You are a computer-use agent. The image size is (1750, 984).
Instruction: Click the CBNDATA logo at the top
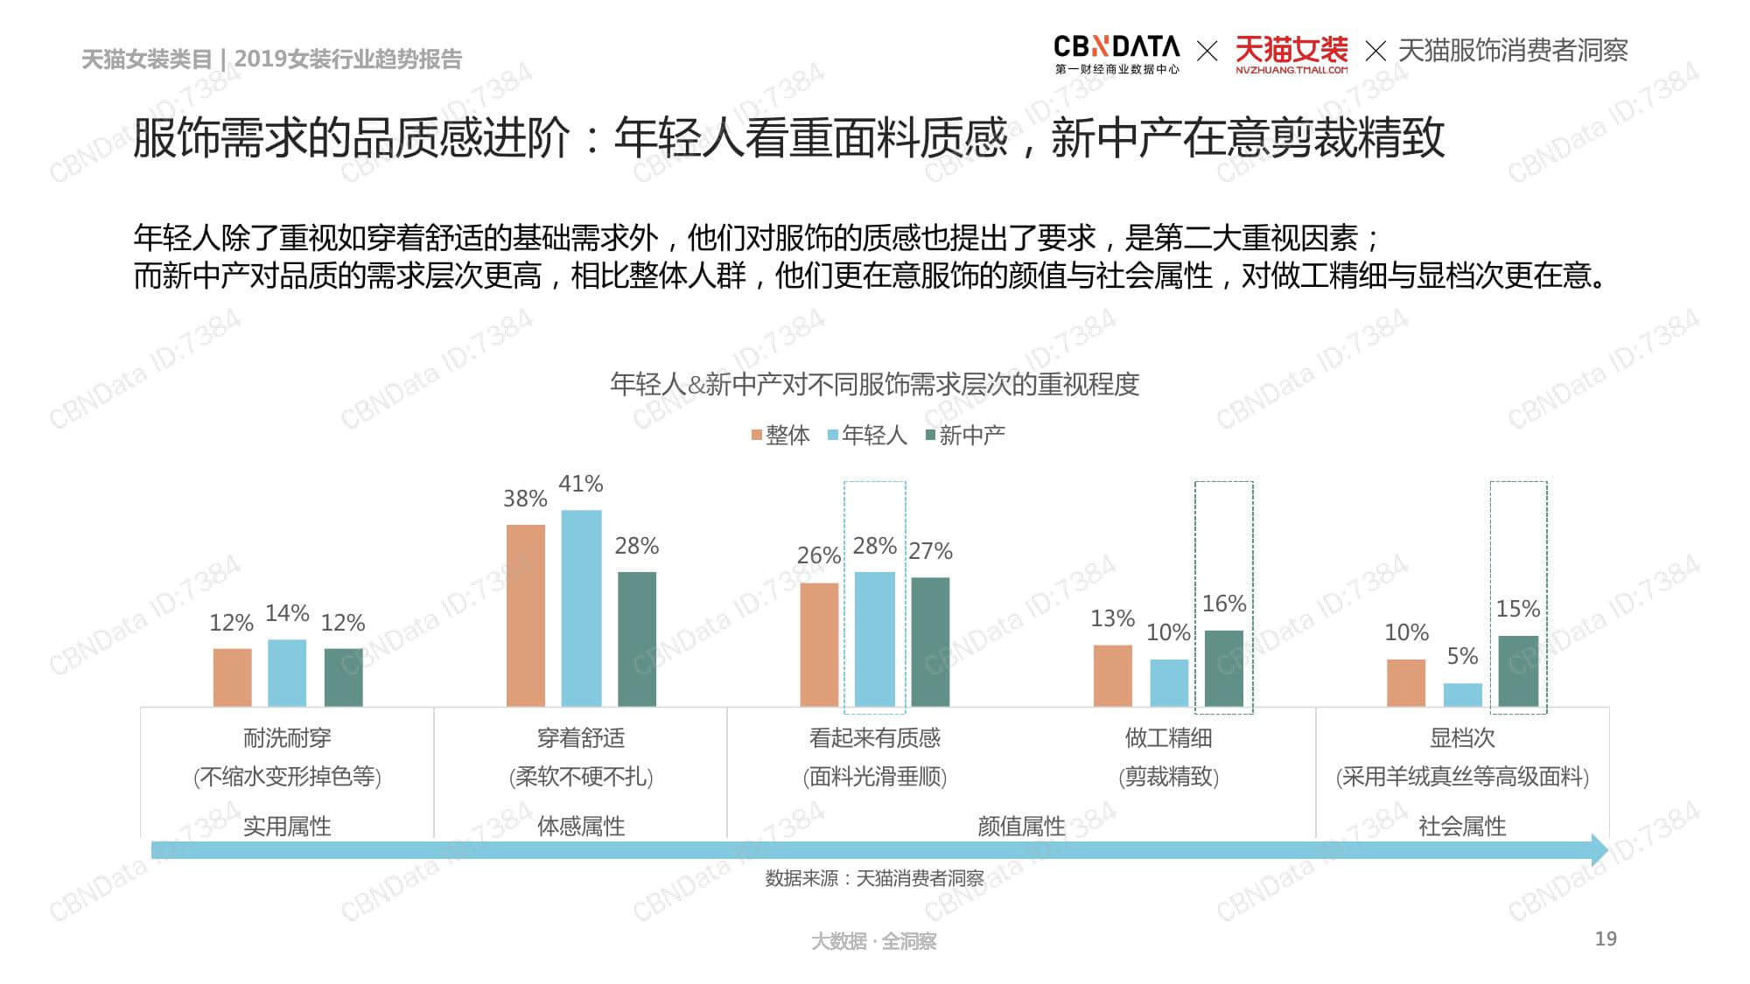(x=1116, y=52)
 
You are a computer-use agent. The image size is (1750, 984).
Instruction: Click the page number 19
(x=1605, y=939)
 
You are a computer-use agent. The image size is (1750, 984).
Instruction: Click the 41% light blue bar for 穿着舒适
(x=581, y=608)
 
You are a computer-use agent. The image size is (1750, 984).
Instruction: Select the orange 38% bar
(x=525, y=615)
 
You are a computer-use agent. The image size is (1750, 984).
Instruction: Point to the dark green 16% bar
(x=1223, y=667)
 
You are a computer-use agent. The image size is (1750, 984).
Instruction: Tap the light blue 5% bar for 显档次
(x=1462, y=694)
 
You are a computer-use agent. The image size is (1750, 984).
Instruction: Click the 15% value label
(x=1517, y=608)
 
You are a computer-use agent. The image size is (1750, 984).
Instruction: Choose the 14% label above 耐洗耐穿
(x=287, y=613)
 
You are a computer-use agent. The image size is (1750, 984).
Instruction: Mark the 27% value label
(x=930, y=551)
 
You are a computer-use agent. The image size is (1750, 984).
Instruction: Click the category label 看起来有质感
(x=874, y=738)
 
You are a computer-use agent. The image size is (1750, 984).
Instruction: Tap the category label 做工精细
(x=1168, y=738)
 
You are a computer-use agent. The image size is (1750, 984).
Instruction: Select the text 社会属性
(x=1461, y=826)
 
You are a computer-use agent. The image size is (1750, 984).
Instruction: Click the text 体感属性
(x=581, y=826)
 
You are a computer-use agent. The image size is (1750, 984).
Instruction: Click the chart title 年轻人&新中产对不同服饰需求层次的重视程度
(x=874, y=384)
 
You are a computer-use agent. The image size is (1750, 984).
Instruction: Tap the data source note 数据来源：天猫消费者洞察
(x=874, y=878)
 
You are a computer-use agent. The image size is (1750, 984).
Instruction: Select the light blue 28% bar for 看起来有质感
(x=874, y=639)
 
